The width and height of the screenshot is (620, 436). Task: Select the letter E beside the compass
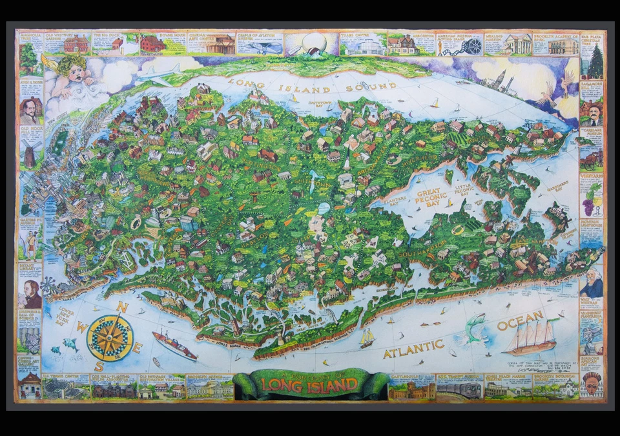pyautogui.click(x=138, y=348)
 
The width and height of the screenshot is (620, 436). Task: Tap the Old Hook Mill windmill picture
pyautogui.click(x=29, y=156)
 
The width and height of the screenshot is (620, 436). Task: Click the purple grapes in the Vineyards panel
pyautogui.click(x=590, y=205)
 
